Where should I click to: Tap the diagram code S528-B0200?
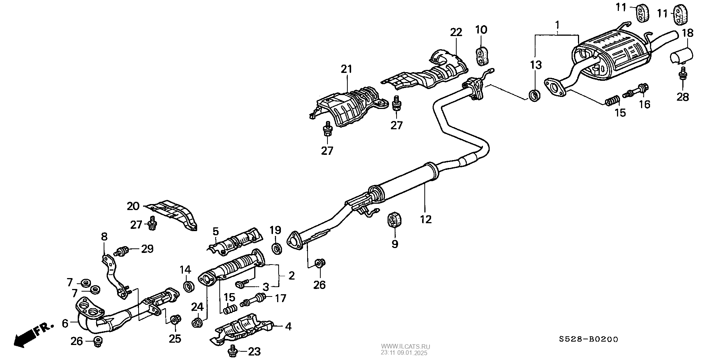click(588, 339)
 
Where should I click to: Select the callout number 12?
click(426, 219)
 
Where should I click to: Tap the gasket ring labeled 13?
click(534, 95)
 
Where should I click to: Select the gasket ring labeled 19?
click(277, 248)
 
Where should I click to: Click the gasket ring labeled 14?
click(189, 286)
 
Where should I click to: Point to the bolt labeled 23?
click(233, 351)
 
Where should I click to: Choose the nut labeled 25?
click(175, 320)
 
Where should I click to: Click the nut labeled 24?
click(198, 322)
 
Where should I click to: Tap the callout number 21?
click(346, 69)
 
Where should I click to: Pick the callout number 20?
click(133, 206)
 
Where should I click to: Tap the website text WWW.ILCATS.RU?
click(406, 346)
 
